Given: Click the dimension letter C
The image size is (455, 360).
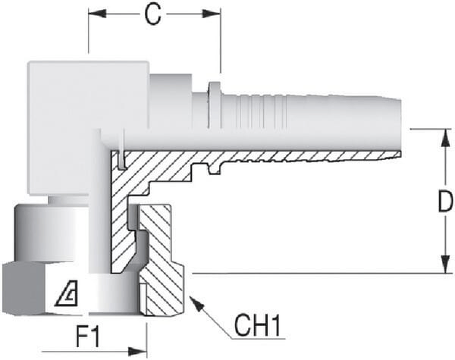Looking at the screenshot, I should pyautogui.click(x=154, y=16).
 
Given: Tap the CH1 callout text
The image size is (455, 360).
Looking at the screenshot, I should pyautogui.click(x=258, y=327).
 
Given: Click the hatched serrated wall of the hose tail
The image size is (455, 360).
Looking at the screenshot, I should pyautogui.click(x=303, y=156).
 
